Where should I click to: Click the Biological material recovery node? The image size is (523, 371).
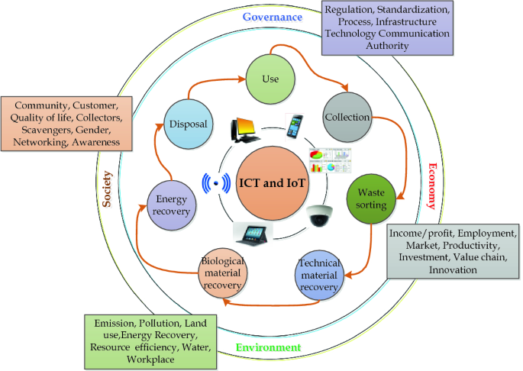pyautogui.click(x=223, y=273)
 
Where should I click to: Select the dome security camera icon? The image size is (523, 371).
pyautogui.click(x=321, y=218)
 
